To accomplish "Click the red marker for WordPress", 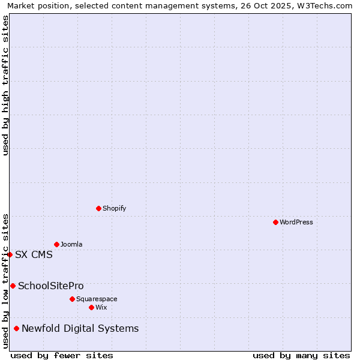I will point(275,222).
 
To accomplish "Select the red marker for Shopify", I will point(98,208).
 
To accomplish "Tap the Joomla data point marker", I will point(56,244).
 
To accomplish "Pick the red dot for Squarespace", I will point(72,299).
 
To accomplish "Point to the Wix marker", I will point(91,307).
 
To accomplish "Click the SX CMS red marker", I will point(10,254).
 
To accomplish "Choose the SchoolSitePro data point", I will point(13,286).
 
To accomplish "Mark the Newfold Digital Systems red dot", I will point(16,328).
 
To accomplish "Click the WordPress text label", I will point(296,222).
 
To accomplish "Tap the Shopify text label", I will point(114,208).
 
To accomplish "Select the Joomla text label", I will point(71,244).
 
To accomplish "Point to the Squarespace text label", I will point(97,299).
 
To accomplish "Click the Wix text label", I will point(101,307).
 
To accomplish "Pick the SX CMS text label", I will point(34,254).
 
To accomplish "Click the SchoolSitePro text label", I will point(51,286).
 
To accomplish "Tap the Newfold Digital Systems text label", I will point(80,328).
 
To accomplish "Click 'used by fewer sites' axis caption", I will point(62,355).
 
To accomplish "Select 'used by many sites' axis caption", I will point(301,355).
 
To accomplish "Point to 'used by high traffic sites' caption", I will point(5,85).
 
